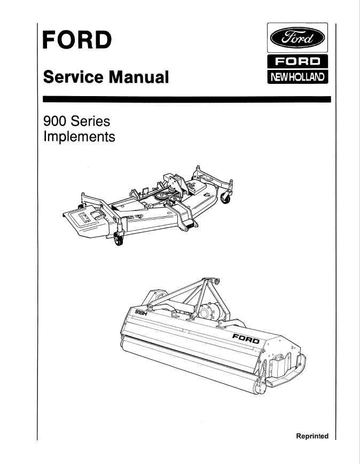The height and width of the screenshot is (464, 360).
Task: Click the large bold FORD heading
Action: [77, 40]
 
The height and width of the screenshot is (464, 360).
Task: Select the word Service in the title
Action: [73, 77]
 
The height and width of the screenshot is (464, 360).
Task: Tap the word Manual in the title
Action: [138, 77]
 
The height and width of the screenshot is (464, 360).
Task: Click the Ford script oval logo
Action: [297, 38]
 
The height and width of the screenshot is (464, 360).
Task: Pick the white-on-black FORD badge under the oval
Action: [298, 61]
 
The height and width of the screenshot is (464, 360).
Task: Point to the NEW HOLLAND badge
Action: [298, 77]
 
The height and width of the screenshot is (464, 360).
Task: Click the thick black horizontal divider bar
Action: [187, 99]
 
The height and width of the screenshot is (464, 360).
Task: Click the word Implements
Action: [80, 137]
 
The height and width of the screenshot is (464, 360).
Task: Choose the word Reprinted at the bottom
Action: [312, 436]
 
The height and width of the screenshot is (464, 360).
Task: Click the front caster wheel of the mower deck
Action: [119, 239]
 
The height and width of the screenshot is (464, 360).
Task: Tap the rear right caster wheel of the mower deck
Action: [225, 197]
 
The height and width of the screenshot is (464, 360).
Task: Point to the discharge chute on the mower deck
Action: [84, 221]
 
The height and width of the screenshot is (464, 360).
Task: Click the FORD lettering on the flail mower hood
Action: [246, 338]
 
